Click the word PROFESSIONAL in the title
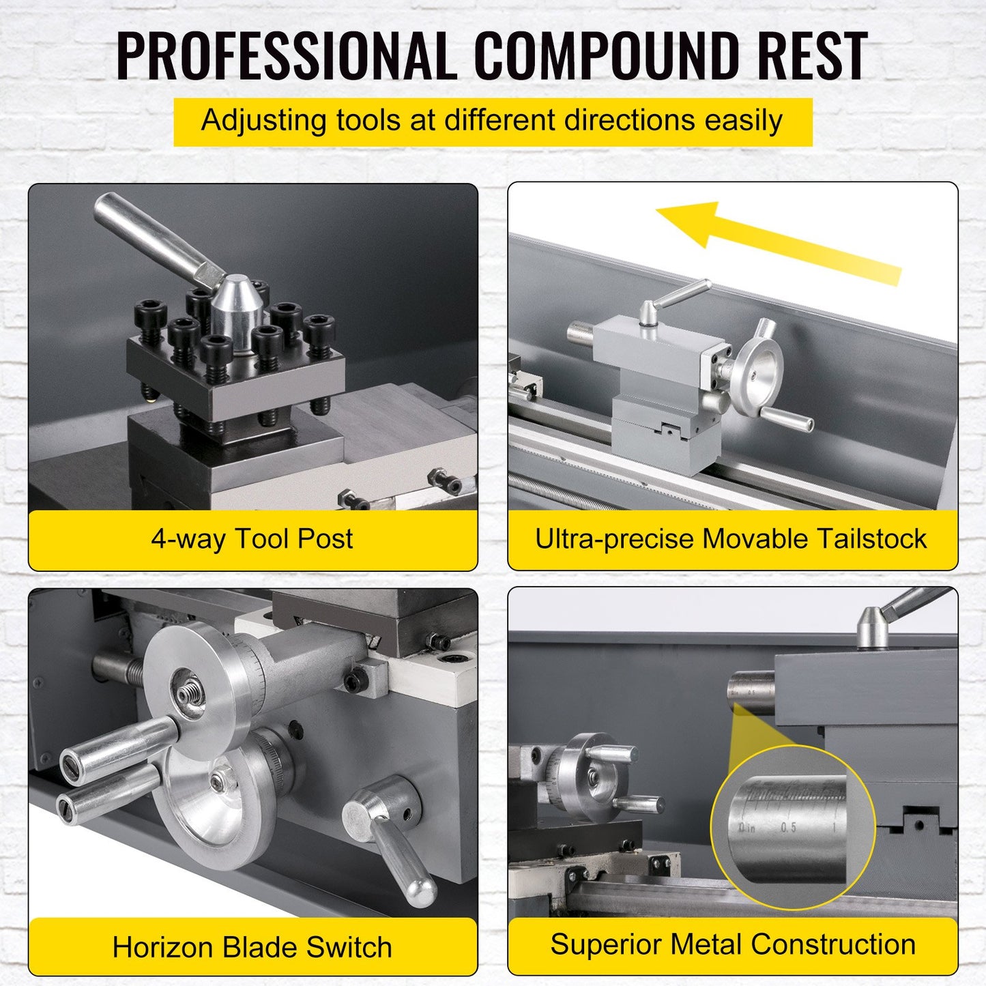tap(286, 56)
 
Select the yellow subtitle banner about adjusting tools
tap(493, 121)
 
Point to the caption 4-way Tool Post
tap(252, 539)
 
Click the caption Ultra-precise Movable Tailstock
tap(731, 539)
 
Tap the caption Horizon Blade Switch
tap(252, 947)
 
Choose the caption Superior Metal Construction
tap(733, 944)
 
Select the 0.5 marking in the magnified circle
tap(788, 827)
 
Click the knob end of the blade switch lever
tap(421, 890)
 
